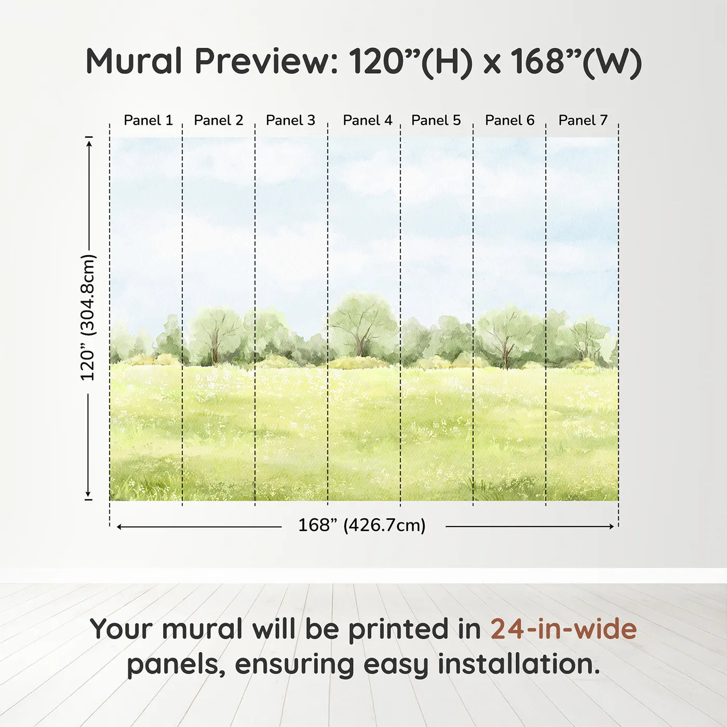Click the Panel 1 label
pos(148,120)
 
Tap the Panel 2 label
pos(218,120)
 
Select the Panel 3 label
pos(290,120)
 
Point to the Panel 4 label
pos(367,120)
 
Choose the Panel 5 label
pos(436,120)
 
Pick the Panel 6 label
pos(509,120)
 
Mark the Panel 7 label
pos(583,120)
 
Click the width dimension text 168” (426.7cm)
pos(361,526)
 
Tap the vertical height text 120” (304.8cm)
pos(88,318)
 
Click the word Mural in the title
pos(133,61)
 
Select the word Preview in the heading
pos(266,61)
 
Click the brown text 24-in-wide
pos(563,629)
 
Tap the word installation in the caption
pos(518,664)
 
